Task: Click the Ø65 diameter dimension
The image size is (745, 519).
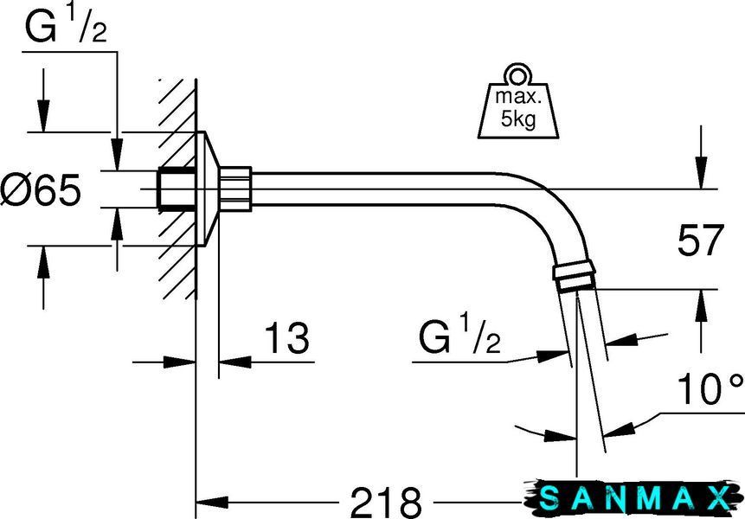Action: click(x=41, y=189)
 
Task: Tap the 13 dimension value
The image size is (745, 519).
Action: click(x=286, y=337)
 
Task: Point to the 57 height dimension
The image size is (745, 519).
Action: click(x=700, y=240)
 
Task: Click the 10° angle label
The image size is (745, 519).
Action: click(x=710, y=388)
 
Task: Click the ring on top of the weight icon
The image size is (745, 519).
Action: click(x=518, y=74)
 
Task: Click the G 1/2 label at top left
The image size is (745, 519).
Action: click(x=66, y=25)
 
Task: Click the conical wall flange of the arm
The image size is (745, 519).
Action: click(x=208, y=189)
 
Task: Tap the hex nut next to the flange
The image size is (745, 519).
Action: click(x=235, y=189)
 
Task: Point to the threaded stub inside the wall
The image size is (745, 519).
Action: click(x=177, y=189)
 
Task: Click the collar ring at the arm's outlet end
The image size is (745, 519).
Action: click(x=574, y=274)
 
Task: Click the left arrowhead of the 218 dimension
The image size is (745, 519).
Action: click(x=212, y=502)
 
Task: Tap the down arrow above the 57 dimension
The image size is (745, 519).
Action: click(x=701, y=172)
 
